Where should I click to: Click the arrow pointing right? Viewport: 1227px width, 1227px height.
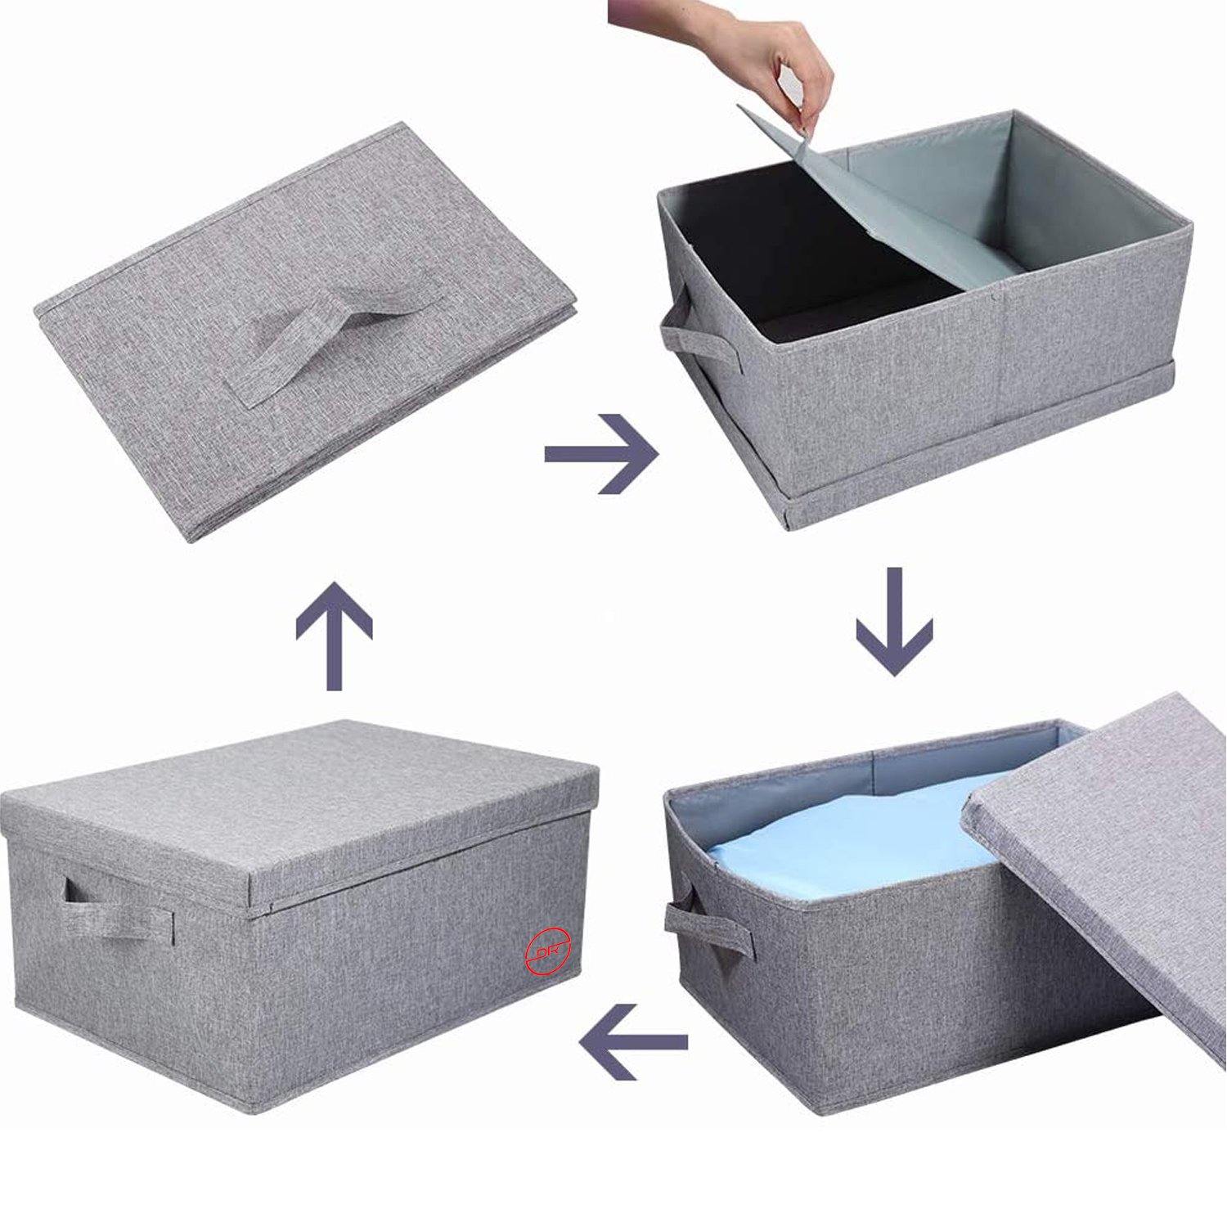[601, 453]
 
